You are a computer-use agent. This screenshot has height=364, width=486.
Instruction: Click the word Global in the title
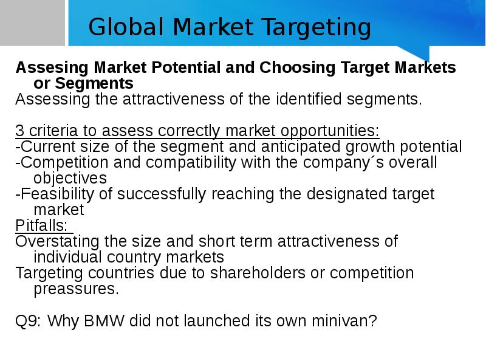pyautogui.click(x=126, y=27)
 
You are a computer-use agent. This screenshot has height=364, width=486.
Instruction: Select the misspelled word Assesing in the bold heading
pyautogui.click(x=52, y=68)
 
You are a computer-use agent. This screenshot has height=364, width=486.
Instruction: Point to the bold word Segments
pyautogui.click(x=94, y=84)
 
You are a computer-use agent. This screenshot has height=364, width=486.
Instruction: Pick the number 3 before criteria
pyautogui.click(x=19, y=131)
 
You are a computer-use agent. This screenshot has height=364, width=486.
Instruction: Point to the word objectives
pyautogui.click(x=70, y=179)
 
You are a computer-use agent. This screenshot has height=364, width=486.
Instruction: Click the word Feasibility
pyautogui.click(x=57, y=194)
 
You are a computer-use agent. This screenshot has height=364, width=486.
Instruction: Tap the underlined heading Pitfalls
pyautogui.click(x=41, y=225)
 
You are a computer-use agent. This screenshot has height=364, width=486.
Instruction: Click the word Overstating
pyautogui.click(x=57, y=242)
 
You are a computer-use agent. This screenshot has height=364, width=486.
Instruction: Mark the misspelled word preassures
pyautogui.click(x=77, y=290)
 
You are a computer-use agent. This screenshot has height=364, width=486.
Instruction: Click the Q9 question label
pyautogui.click(x=28, y=321)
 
